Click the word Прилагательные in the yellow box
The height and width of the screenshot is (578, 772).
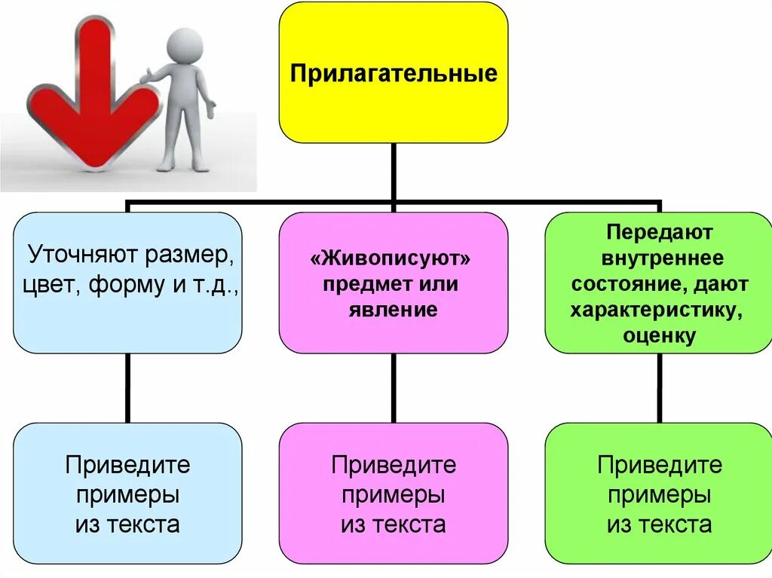pos(394,74)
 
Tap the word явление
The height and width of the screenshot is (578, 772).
pos(393,310)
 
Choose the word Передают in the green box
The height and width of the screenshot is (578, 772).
pos(658,233)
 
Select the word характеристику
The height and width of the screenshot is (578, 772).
pos(659,310)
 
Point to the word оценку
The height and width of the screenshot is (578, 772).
pos(659,335)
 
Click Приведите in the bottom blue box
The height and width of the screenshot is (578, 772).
pos(127,465)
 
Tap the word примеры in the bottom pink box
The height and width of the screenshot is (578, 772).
pos(393,495)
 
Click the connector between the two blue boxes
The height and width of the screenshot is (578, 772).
pos(127,387)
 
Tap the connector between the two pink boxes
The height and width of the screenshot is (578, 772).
pos(393,387)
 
